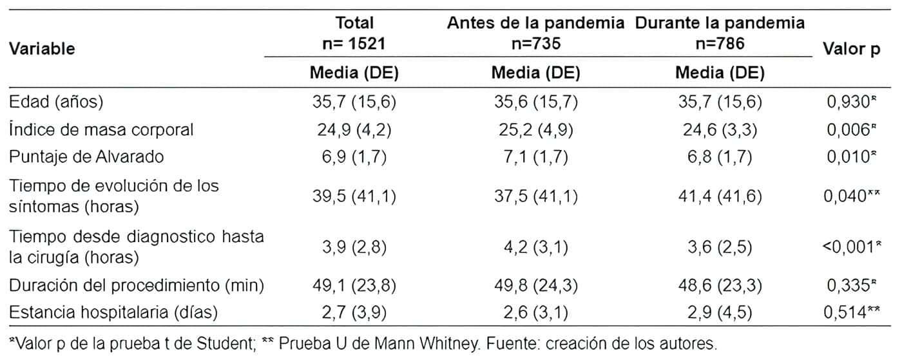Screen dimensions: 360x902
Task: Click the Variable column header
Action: (x=42, y=48)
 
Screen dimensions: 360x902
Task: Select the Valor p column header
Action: (x=852, y=49)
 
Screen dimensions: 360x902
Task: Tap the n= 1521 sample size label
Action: (x=354, y=44)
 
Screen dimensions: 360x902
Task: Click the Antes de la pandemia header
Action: (x=536, y=24)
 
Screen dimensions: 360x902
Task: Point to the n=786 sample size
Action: (x=719, y=44)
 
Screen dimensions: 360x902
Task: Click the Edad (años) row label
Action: (x=56, y=102)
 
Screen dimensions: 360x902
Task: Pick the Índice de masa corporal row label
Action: (x=101, y=129)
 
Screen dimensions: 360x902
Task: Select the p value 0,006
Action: (x=848, y=129)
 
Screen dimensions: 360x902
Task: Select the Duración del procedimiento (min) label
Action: (x=137, y=284)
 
